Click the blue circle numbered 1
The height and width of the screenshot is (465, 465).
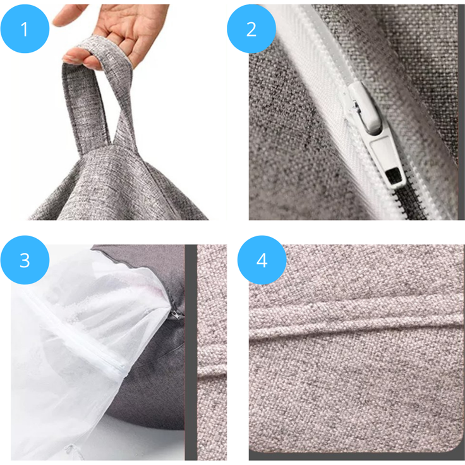click(25, 29)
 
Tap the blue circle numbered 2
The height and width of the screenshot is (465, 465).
click(251, 29)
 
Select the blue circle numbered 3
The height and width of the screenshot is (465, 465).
click(25, 260)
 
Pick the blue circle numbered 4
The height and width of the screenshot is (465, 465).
click(262, 260)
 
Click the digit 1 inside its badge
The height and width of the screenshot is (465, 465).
click(24, 29)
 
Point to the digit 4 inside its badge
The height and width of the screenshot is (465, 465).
click(262, 261)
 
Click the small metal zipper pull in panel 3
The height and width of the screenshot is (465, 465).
click(176, 315)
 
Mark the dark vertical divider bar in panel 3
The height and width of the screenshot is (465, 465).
click(191, 353)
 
